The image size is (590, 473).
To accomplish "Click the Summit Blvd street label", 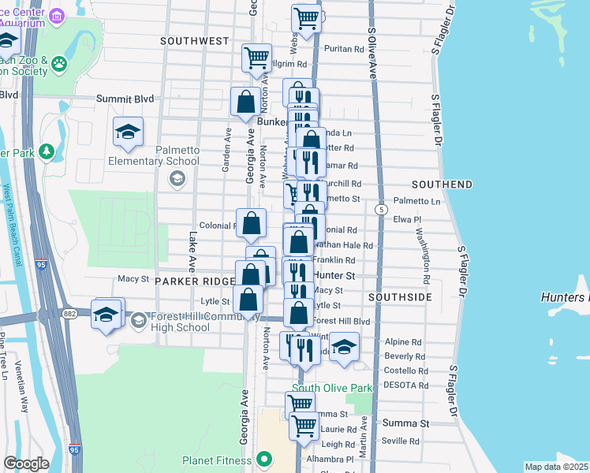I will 124,99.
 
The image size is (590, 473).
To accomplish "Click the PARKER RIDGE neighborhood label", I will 192,281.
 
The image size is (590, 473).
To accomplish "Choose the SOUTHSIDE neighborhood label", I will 399,298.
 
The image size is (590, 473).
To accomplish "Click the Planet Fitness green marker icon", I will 264,460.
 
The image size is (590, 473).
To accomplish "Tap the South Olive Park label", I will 332,389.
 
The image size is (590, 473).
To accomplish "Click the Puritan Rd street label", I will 347,49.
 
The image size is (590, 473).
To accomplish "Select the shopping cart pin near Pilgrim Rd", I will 257,57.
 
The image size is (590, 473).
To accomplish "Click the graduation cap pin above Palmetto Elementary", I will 127,132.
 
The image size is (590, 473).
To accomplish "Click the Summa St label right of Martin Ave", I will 405,423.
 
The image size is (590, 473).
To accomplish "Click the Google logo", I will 26,464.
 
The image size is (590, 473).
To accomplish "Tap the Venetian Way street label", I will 24,394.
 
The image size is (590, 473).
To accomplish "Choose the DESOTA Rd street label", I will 405,385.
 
